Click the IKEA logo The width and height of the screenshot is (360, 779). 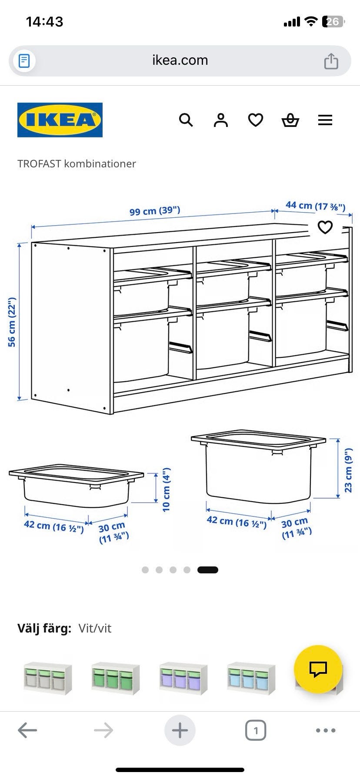[60, 120]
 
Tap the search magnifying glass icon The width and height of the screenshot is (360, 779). [186, 120]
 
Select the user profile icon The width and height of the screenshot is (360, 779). [221, 120]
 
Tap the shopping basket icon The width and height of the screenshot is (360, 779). [290, 120]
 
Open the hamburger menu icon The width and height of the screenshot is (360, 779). [325, 120]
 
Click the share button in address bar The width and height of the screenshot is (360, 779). [331, 60]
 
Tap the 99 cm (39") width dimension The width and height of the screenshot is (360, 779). [155, 211]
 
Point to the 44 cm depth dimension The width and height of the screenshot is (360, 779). [316, 206]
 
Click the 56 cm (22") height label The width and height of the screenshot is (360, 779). [12, 322]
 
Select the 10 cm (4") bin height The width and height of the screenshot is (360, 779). [166, 489]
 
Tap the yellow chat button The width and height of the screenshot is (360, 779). [318, 669]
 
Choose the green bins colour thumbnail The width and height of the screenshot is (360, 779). [116, 679]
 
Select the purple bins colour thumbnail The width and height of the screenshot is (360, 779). [183, 679]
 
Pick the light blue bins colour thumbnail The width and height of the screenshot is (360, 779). [251, 679]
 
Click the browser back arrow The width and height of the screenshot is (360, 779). [27, 730]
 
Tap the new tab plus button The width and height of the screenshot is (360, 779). [180, 730]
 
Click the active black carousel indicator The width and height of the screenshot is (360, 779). [208, 570]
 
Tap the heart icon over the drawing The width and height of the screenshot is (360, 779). [325, 227]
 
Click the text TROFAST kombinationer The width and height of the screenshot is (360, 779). [77, 164]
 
